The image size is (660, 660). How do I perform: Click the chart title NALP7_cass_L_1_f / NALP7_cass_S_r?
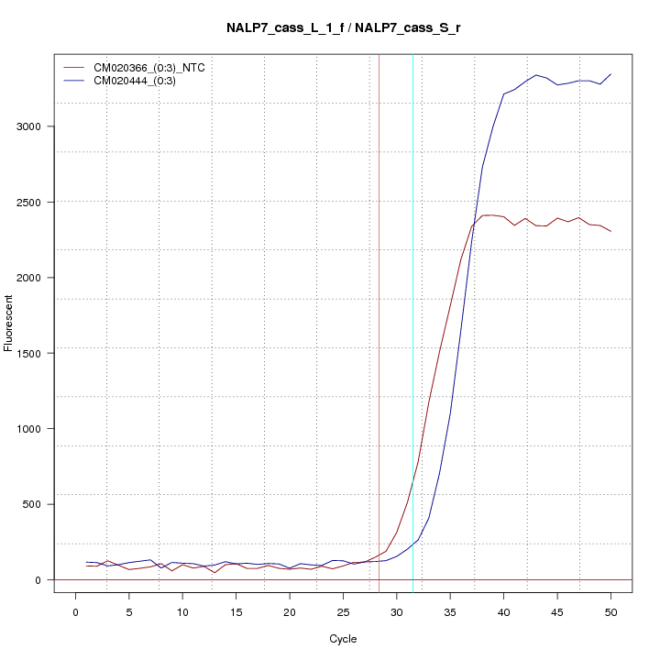coord(343,27)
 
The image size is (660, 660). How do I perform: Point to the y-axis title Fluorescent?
coord(9,323)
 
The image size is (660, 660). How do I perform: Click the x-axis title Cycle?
coord(343,639)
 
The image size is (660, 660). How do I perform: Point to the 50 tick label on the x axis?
coord(610,612)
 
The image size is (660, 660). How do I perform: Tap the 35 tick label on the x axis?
coord(450,612)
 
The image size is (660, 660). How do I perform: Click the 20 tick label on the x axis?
coord(290,612)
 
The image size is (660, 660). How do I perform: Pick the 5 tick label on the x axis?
coord(128,612)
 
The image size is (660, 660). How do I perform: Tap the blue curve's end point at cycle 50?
coord(610,74)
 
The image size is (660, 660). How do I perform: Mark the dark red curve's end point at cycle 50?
coord(610,231)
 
